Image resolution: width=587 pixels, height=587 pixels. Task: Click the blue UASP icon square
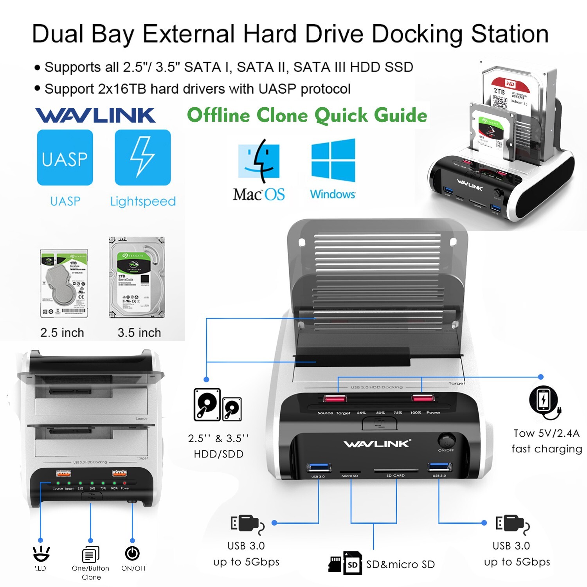click(x=65, y=158)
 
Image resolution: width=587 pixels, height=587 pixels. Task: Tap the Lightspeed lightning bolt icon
click(x=142, y=158)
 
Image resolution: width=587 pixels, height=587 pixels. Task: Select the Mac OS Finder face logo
click(x=259, y=161)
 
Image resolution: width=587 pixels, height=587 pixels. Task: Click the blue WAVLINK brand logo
click(x=95, y=115)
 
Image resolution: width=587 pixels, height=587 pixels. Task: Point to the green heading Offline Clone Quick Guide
click(x=307, y=115)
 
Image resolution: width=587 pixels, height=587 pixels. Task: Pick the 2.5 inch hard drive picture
click(x=64, y=283)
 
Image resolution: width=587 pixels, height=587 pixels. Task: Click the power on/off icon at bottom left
click(x=132, y=553)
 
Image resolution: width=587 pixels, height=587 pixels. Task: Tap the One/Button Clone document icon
click(x=90, y=554)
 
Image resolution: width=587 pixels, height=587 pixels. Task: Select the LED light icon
click(x=41, y=553)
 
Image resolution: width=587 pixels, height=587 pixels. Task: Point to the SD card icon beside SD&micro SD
click(x=352, y=563)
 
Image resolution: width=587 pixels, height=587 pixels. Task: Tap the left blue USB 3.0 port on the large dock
click(x=319, y=467)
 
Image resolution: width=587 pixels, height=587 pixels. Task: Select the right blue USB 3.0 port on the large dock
click(x=439, y=467)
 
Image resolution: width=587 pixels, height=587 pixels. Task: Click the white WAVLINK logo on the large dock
click(x=377, y=443)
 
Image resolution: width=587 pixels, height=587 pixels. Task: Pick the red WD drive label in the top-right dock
click(x=510, y=84)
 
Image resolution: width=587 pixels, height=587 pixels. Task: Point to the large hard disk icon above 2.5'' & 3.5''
click(x=207, y=404)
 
